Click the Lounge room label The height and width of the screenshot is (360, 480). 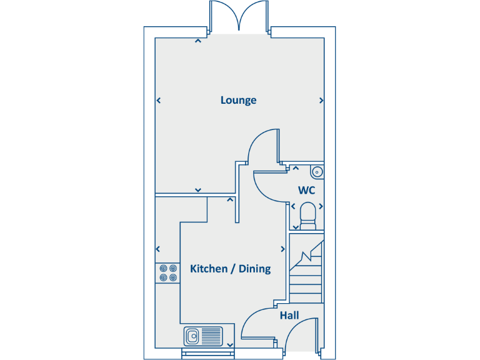[x=238, y=100]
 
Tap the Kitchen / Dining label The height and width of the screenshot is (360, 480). [x=230, y=269]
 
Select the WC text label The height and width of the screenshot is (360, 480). [x=306, y=189]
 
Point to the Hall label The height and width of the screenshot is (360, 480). [x=289, y=316]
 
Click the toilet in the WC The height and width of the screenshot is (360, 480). [x=308, y=212]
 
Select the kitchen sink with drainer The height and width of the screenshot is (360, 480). [x=204, y=336]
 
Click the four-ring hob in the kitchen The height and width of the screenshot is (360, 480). [x=167, y=273]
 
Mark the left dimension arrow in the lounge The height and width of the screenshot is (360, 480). [x=159, y=100]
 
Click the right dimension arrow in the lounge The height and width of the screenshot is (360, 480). [x=321, y=100]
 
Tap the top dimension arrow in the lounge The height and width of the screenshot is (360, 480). [x=198, y=42]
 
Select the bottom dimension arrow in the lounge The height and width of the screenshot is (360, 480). [x=198, y=189]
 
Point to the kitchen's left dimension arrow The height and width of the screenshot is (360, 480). [x=159, y=248]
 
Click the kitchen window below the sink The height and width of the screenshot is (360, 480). [x=208, y=354]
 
